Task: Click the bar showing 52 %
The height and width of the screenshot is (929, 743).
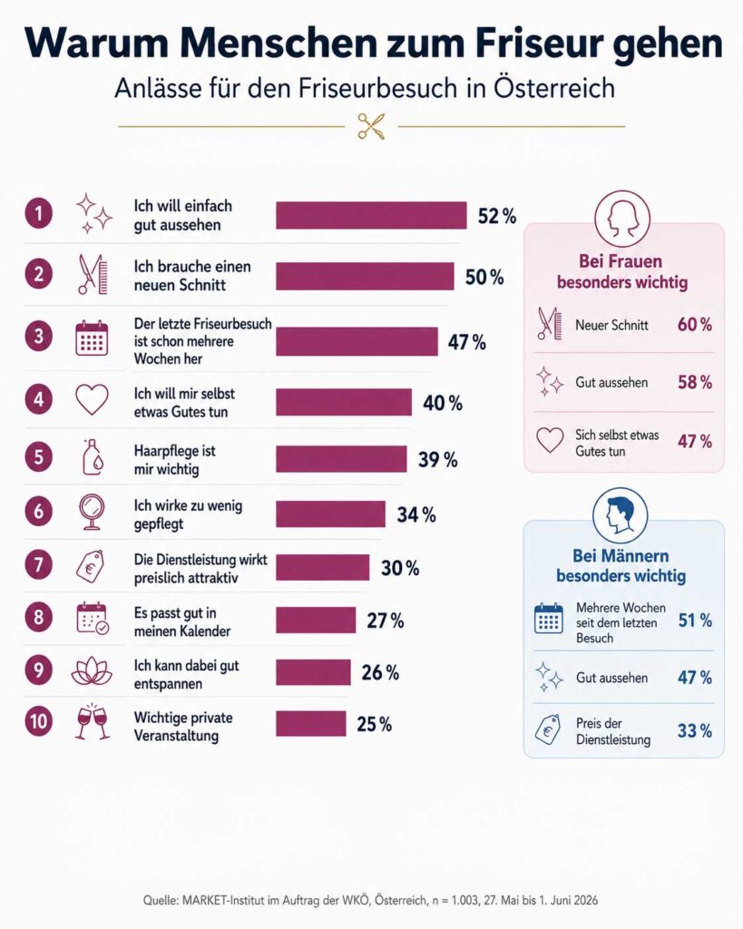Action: click(371, 215)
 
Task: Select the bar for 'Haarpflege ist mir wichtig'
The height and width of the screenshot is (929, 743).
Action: click(341, 459)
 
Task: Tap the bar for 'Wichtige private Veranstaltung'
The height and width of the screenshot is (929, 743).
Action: click(311, 723)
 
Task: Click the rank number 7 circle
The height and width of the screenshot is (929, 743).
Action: click(38, 564)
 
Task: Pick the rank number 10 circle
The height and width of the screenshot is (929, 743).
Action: click(38, 721)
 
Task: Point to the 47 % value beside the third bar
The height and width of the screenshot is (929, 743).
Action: click(467, 342)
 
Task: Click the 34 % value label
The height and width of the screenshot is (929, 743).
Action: click(415, 514)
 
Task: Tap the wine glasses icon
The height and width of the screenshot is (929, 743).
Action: click(93, 721)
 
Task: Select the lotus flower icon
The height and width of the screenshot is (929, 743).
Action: click(92, 670)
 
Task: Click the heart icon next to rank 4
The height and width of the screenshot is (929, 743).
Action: click(92, 399)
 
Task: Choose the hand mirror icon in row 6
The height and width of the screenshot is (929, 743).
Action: click(92, 512)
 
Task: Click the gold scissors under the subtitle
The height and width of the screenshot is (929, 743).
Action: click(372, 126)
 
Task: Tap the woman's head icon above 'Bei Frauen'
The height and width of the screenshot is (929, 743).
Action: click(622, 219)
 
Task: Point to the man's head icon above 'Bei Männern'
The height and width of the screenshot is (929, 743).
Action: click(621, 515)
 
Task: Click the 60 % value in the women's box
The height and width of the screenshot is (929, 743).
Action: click(694, 325)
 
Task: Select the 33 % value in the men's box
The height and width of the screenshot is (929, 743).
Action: click(694, 730)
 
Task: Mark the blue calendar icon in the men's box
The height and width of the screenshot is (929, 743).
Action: click(549, 619)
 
